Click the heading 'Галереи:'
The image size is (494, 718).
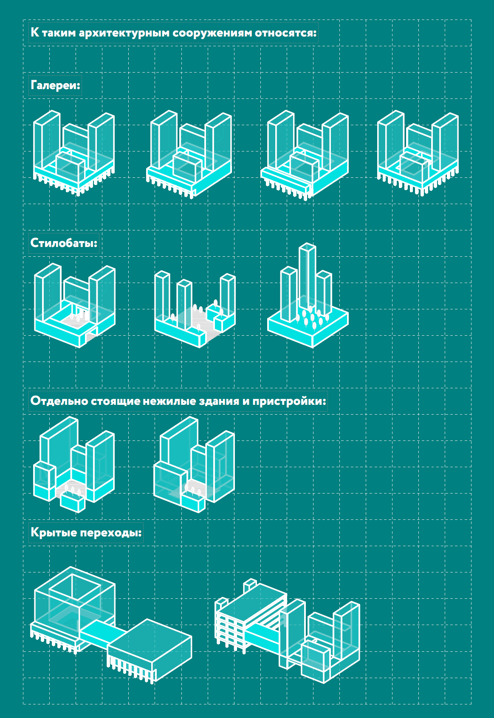pos(55,86)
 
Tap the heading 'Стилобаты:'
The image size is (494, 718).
pos(64,243)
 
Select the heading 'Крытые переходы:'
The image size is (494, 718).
pos(86,533)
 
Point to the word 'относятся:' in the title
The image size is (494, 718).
pos(286,33)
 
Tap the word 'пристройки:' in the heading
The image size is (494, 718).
pos(289,401)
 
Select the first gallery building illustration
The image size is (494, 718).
pos(74,153)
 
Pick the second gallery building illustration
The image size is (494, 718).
pos(189,154)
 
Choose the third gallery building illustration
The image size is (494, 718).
pos(305,155)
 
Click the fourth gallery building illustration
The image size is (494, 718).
pos(418,153)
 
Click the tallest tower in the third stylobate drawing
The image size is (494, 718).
pos(307,276)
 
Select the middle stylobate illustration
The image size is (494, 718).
pos(195,309)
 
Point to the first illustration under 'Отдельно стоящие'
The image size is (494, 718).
pos(74,465)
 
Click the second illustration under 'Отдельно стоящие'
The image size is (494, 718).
pos(194,465)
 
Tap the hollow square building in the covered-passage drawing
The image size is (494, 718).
pos(74,603)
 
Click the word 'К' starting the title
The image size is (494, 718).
pos(35,32)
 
